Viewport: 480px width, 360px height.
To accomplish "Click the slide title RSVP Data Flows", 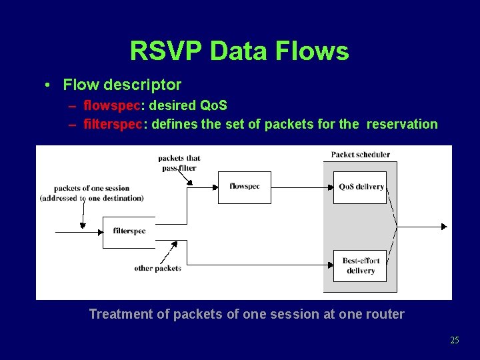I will [239, 51].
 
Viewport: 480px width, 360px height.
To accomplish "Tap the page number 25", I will [455, 340].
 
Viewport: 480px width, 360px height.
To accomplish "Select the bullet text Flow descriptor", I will [122, 85].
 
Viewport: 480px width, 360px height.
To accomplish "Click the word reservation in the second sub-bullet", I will [402, 124].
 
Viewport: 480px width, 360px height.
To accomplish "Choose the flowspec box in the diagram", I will [245, 187].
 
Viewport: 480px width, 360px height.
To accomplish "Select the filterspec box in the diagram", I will [129, 232].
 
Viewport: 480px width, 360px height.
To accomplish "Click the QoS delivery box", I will [360, 187].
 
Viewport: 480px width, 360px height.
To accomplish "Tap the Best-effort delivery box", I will [360, 266].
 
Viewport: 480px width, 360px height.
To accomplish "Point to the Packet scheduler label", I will [360, 155].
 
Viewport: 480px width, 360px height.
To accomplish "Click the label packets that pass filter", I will [179, 163].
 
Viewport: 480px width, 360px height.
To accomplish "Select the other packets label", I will [157, 268].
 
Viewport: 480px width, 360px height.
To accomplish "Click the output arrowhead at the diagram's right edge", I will [443, 227].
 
